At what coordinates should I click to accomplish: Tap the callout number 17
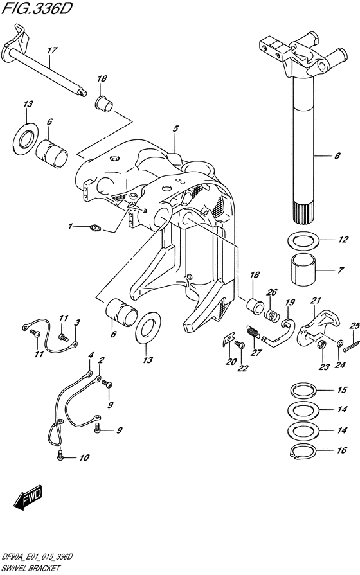[52, 51]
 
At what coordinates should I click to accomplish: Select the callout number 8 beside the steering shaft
[336, 156]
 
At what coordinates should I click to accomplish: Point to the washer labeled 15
[303, 389]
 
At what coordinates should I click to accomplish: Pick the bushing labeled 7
[304, 270]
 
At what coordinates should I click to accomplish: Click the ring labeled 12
[303, 240]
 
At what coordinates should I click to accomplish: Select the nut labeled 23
[321, 345]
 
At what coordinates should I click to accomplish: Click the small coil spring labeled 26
[271, 314]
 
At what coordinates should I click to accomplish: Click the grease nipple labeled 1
[95, 229]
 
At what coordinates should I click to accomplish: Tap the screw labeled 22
[239, 344]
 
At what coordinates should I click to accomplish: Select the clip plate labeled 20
[229, 339]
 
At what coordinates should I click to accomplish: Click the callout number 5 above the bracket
[175, 128]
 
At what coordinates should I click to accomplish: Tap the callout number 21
[316, 301]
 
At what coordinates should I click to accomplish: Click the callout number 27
[256, 353]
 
